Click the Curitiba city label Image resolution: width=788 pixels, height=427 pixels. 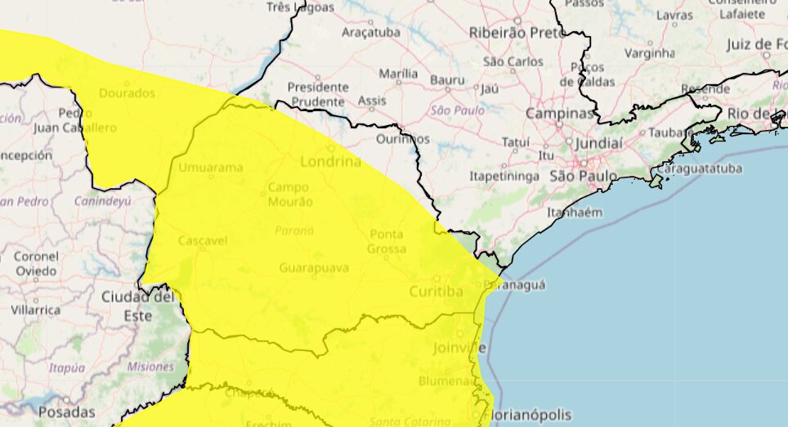click(436, 291)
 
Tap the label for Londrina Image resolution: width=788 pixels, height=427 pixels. click(330, 161)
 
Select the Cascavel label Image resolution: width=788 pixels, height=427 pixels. click(202, 241)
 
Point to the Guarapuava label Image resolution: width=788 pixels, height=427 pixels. click(314, 267)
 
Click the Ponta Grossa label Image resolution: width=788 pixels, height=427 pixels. click(386, 241)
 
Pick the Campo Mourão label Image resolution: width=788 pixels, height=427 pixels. click(289, 194)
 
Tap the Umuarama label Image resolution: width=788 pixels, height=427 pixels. click(212, 168)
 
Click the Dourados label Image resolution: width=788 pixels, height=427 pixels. click(127, 93)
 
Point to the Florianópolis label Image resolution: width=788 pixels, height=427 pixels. click(529, 415)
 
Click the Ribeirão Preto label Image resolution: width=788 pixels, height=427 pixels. click(517, 33)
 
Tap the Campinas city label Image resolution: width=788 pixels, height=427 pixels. click(559, 113)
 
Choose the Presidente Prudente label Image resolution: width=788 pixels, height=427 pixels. click(318, 94)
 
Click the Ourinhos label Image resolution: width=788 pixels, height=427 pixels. click(403, 139)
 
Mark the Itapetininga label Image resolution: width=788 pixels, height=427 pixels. click(504, 176)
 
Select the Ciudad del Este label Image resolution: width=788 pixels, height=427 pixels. click(137, 305)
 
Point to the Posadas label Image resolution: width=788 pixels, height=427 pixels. click(66, 411)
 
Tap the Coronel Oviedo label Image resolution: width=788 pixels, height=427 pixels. click(36, 263)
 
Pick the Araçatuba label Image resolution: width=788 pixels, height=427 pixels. click(371, 32)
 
